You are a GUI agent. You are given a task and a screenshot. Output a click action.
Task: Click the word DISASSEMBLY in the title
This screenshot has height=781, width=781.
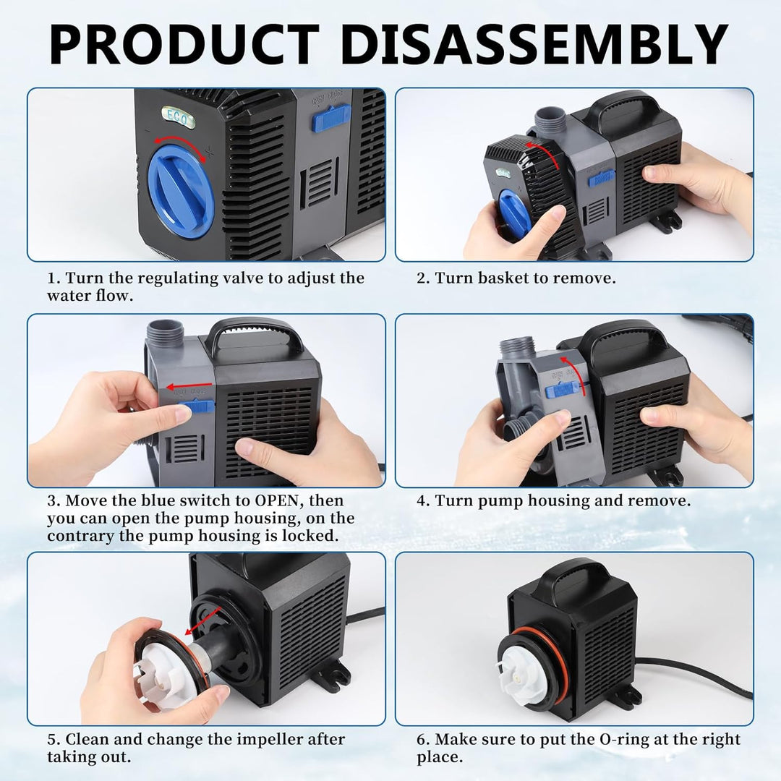point(534,44)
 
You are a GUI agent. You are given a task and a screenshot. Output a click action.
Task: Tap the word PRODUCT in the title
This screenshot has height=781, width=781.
point(184,44)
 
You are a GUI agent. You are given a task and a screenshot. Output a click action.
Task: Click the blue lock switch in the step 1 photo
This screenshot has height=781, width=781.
point(330,120)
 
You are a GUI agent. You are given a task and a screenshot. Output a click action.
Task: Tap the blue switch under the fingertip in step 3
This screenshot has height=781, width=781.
point(197,406)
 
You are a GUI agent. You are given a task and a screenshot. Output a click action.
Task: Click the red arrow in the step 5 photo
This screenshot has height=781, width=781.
point(204,620)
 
